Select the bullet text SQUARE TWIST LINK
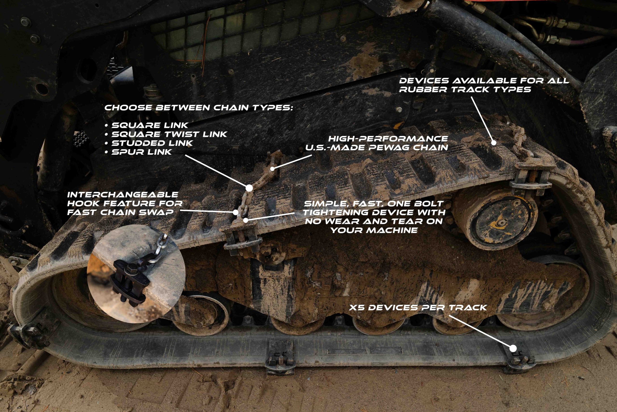click(169, 134)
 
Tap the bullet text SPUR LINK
click(142, 152)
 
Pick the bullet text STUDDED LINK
click(152, 143)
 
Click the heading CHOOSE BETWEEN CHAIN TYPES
click(199, 107)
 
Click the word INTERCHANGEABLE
click(123, 195)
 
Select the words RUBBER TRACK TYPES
click(465, 89)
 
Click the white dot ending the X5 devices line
click(513, 349)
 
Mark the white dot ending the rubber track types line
click(494, 143)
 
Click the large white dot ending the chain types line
click(249, 188)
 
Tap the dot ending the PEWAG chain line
click(273, 169)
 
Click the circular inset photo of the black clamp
click(136, 274)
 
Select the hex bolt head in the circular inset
click(130, 269)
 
